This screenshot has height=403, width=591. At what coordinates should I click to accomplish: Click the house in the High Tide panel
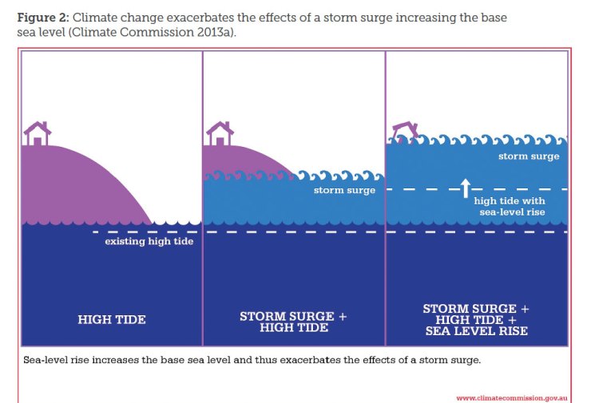[36, 133]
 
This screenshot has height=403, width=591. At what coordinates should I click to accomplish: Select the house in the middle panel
[220, 133]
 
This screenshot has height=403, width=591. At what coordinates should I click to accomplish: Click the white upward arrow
[465, 188]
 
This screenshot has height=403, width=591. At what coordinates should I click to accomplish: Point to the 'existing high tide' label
[149, 241]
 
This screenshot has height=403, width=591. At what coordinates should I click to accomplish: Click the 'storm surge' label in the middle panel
[344, 191]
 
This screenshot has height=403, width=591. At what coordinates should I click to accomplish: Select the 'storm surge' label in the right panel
[529, 156]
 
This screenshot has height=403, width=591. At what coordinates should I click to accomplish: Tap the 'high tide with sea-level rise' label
[510, 207]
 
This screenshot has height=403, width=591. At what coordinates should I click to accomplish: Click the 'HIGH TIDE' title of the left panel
[112, 319]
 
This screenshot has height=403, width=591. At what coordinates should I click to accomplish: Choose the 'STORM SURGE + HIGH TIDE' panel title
[294, 322]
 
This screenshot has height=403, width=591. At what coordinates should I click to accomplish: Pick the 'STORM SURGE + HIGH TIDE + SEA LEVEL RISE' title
[476, 319]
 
